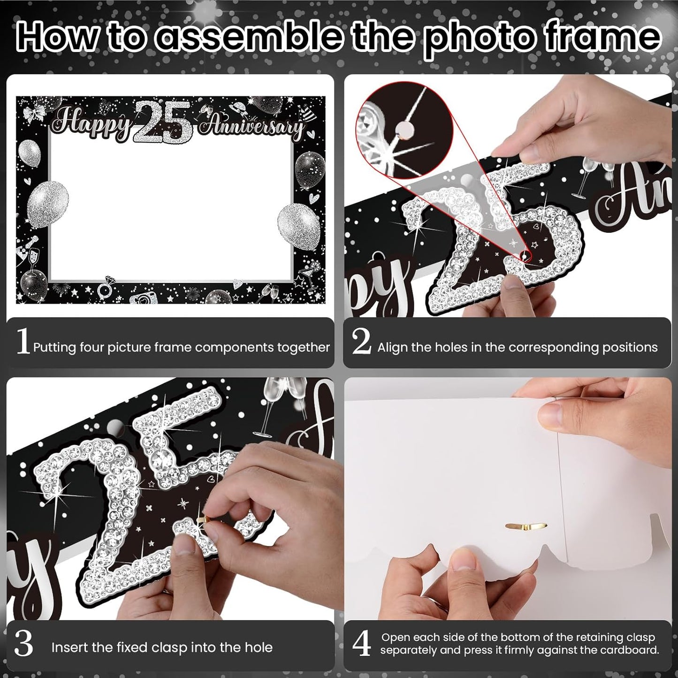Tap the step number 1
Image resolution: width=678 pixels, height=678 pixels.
pos(22,342)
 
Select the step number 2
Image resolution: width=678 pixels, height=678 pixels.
pos(361,342)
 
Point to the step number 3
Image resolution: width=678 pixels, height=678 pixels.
pos(23,645)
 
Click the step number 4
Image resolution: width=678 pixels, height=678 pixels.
pos(361,644)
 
